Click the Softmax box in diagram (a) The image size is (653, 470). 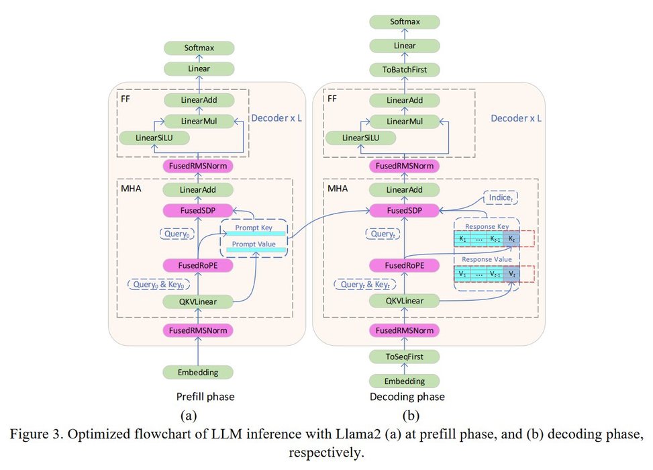click(199, 48)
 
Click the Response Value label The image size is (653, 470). click(488, 260)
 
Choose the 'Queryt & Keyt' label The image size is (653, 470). click(365, 284)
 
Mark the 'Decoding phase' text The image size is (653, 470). click(407, 397)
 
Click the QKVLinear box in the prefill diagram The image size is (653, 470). click(199, 301)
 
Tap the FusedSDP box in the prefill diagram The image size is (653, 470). click(199, 210)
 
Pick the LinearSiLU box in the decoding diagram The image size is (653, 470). click(359, 138)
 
